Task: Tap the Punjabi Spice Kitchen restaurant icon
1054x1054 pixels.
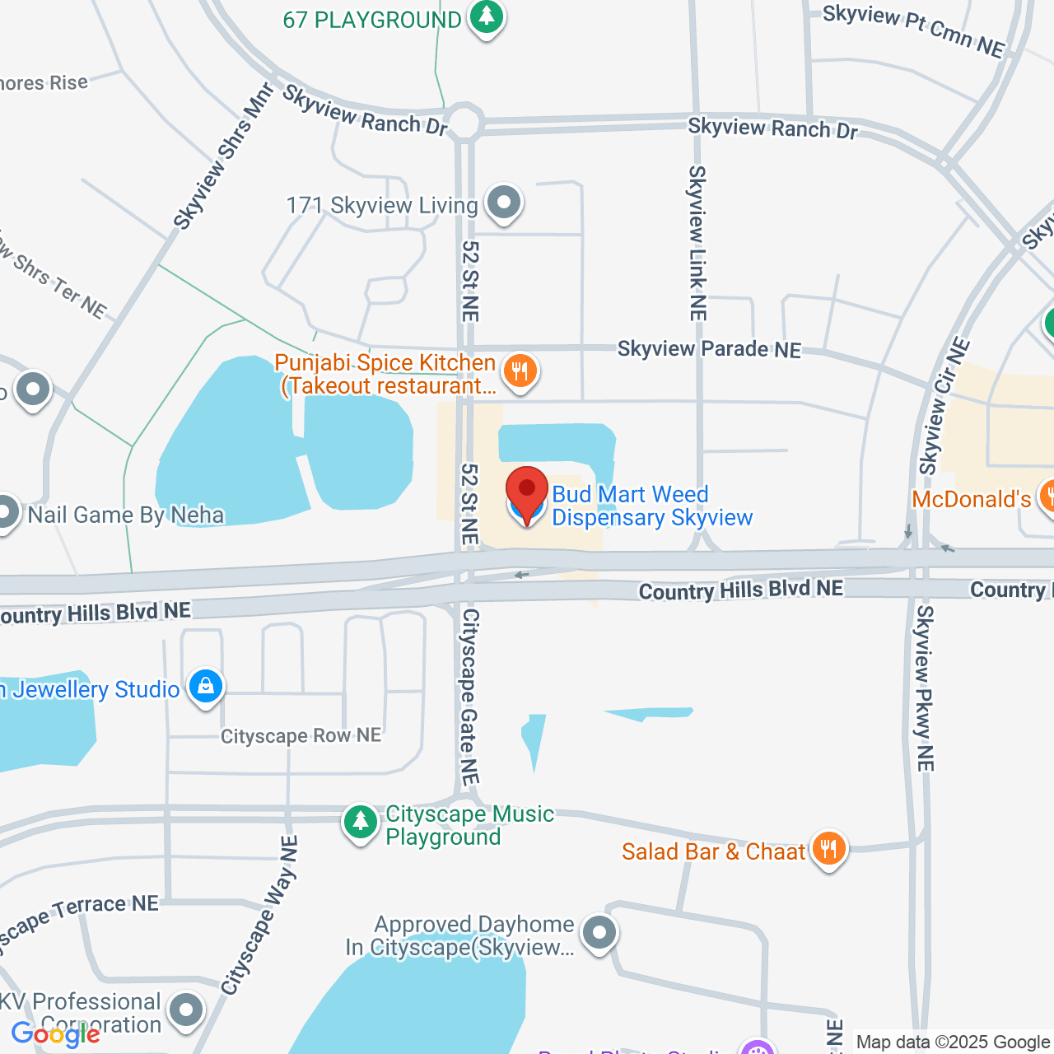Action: tap(520, 371)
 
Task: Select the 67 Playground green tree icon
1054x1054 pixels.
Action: tap(487, 16)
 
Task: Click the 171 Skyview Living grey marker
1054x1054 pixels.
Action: tap(504, 203)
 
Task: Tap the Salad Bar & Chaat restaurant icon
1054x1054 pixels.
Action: tap(828, 848)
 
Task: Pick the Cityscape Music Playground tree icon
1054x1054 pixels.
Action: tap(360, 822)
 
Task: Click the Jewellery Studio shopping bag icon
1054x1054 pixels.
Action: tap(206, 686)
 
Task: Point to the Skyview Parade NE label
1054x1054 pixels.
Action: tap(709, 349)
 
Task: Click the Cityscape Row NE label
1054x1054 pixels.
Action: tap(301, 735)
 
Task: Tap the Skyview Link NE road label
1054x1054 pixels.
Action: tap(697, 243)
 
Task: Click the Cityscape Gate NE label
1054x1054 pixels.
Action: tap(469, 697)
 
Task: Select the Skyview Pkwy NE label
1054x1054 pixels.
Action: tap(925, 688)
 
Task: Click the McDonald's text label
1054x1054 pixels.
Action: tap(972, 499)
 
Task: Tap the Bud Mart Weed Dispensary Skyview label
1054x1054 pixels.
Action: tap(651, 506)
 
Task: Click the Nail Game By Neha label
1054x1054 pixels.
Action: tap(126, 515)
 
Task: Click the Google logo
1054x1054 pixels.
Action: tap(56, 1034)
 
